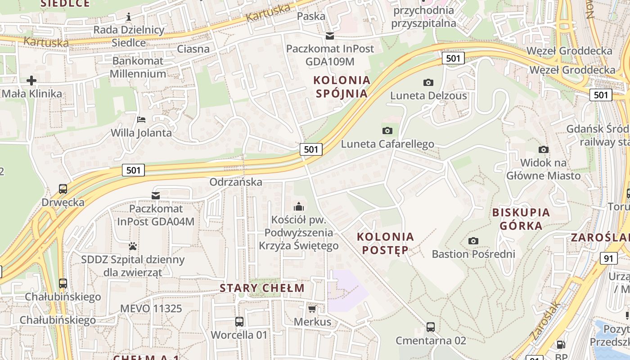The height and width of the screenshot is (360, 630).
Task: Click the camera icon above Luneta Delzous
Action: [x=428, y=82]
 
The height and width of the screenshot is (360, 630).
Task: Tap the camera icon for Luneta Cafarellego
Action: [x=387, y=131]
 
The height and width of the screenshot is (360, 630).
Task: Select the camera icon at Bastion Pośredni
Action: [x=473, y=241]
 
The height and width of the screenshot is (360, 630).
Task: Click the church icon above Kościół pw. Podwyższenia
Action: [x=298, y=207]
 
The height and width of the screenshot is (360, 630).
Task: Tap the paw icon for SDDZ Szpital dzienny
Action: [x=133, y=246]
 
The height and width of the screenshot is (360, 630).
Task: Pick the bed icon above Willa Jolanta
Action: [x=141, y=120]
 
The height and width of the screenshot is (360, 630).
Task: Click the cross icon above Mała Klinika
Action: [x=31, y=81]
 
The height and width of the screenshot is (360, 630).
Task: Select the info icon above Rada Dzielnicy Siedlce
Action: [x=129, y=17]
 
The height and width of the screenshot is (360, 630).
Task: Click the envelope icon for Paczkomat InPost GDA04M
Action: [x=156, y=196]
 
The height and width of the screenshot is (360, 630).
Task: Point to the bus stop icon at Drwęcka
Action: [x=63, y=189]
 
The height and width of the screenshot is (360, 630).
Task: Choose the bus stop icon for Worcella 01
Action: [x=239, y=322]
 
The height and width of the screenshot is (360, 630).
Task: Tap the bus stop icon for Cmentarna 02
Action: [x=431, y=327]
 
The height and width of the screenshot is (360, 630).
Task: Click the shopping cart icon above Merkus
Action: [x=312, y=309]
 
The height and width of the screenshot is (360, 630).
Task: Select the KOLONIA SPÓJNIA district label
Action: [x=342, y=87]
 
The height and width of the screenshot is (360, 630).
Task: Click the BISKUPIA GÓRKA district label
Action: [x=521, y=219]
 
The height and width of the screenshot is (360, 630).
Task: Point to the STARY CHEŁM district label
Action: [x=262, y=288]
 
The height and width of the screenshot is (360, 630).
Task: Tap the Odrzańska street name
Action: [x=236, y=182]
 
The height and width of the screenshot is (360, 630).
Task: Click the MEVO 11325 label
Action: [x=151, y=309]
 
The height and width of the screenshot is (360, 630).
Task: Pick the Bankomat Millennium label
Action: [x=138, y=67]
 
